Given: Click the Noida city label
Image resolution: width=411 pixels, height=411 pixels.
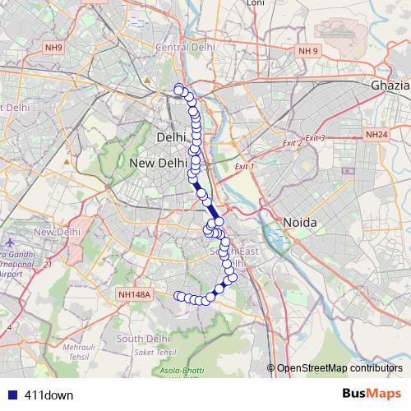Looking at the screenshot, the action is (x=300, y=223).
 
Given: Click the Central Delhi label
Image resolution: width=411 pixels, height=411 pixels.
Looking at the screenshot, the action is (x=185, y=48).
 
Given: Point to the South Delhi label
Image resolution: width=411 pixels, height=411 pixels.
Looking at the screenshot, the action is (x=143, y=338).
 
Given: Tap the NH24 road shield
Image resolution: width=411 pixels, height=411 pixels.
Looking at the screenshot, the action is (x=376, y=134).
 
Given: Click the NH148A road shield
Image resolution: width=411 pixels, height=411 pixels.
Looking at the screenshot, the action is (x=136, y=293).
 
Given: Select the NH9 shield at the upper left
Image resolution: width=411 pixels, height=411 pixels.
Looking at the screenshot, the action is (x=53, y=48).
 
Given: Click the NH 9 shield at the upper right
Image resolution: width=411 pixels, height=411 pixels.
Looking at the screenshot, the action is (x=308, y=51).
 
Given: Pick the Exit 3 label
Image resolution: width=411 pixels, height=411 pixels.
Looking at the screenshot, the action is (x=315, y=138).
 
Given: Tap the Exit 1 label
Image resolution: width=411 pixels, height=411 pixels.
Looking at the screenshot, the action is (x=245, y=167).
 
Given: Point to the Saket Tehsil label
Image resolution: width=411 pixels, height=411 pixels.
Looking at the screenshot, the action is (x=153, y=352).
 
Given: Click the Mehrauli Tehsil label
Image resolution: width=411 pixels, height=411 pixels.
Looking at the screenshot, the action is (x=81, y=351).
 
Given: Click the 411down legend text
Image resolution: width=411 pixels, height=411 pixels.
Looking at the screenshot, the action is (x=48, y=395).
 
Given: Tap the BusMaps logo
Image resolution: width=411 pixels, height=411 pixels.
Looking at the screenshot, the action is (x=372, y=394).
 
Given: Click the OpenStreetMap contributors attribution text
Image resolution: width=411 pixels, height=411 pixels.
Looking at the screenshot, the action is (x=339, y=368).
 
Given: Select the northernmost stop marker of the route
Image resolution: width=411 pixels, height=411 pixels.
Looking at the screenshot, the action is (x=178, y=89).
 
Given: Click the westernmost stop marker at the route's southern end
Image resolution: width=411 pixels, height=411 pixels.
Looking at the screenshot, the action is (x=178, y=295).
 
